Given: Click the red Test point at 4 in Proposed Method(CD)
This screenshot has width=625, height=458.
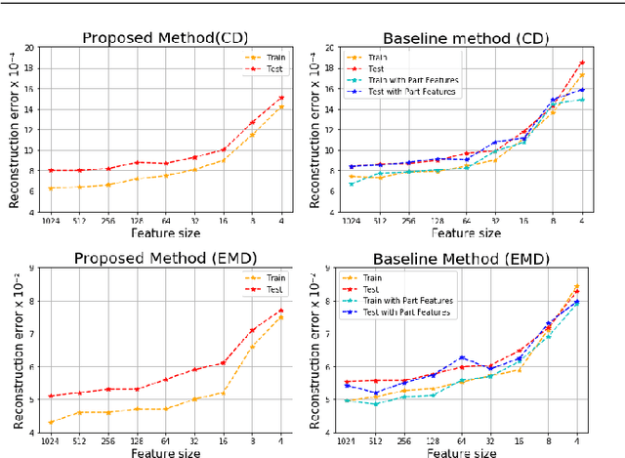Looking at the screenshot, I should tap(282, 98).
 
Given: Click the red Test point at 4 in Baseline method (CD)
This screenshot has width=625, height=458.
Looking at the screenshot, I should tap(582, 62).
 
